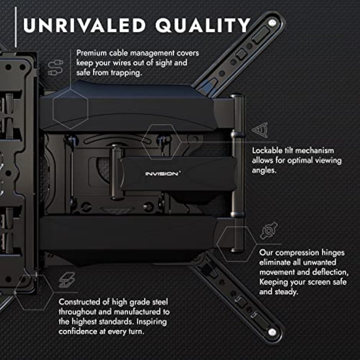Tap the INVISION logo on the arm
pyautogui.click(x=162, y=174)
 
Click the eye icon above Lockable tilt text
pyautogui.click(x=261, y=130)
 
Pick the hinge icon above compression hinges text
pyautogui.click(x=269, y=230)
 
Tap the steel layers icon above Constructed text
pyautogui.click(x=67, y=280)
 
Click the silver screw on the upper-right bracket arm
pyautogui.click(x=271, y=23)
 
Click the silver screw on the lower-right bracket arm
pyautogui.click(x=272, y=332)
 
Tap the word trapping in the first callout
pyautogui.click(x=126, y=73)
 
